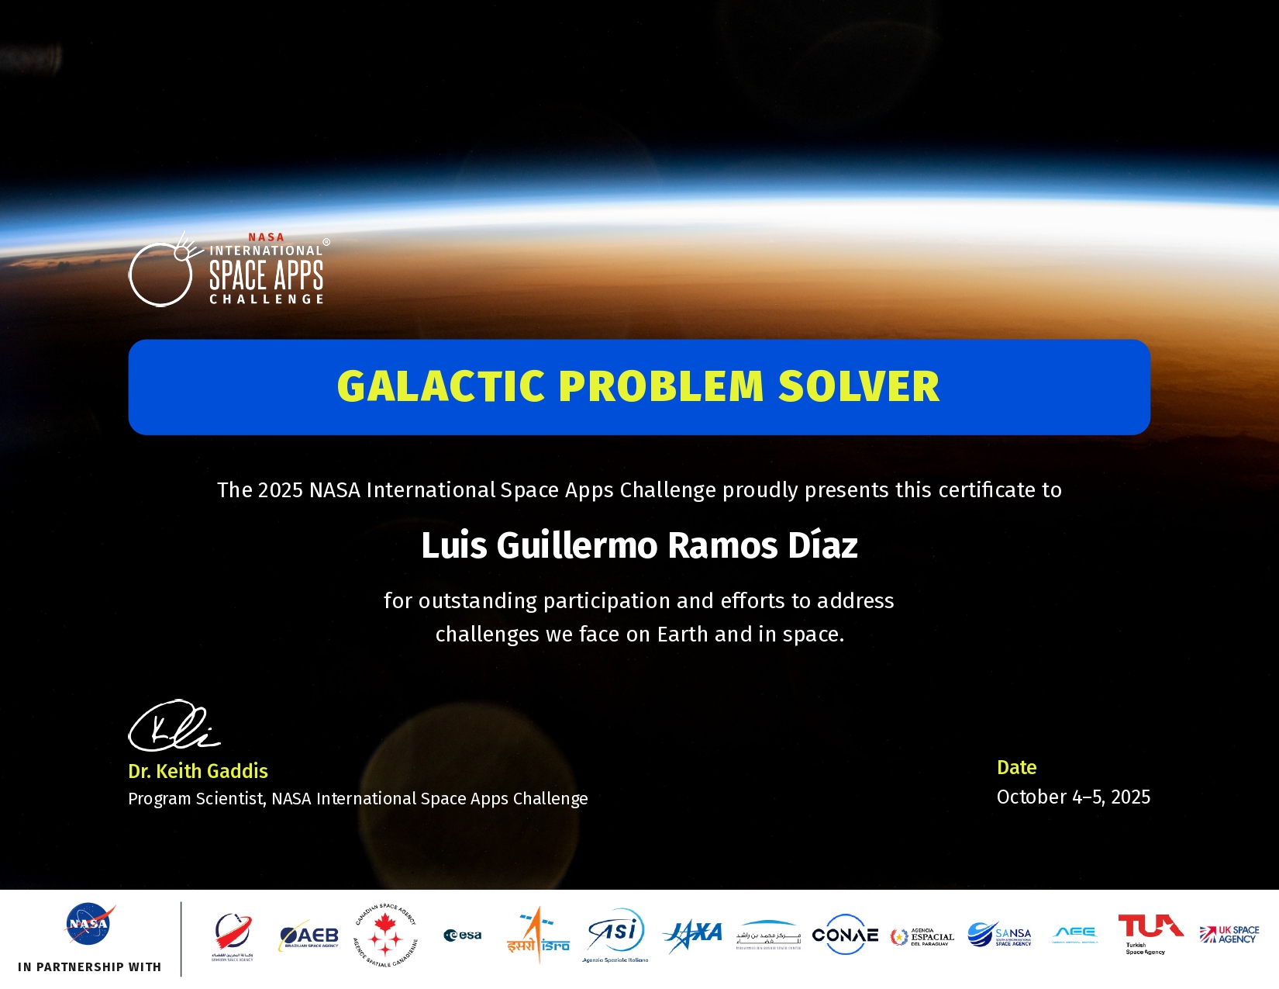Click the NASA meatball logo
pyautogui.click(x=89, y=923)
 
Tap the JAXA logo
pyautogui.click(x=693, y=934)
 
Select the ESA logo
pyautogui.click(x=463, y=935)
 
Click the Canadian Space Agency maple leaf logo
pyautogui.click(x=385, y=935)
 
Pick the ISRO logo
pyautogui.click(x=538, y=935)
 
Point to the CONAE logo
pyautogui.click(x=845, y=935)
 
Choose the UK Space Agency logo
pyautogui.click(x=1229, y=935)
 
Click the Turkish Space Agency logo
pyautogui.click(x=1150, y=933)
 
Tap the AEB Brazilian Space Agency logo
pyautogui.click(x=309, y=937)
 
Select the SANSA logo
pyautogui.click(x=1000, y=935)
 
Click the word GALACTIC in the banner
pyautogui.click(x=441, y=386)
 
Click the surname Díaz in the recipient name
pyautogui.click(x=822, y=545)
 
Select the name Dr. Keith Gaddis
pyautogui.click(x=198, y=771)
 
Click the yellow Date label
pyautogui.click(x=1016, y=767)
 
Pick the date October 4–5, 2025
pyautogui.click(x=1073, y=797)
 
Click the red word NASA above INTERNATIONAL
pyautogui.click(x=266, y=237)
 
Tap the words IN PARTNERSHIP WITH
pyautogui.click(x=89, y=967)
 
